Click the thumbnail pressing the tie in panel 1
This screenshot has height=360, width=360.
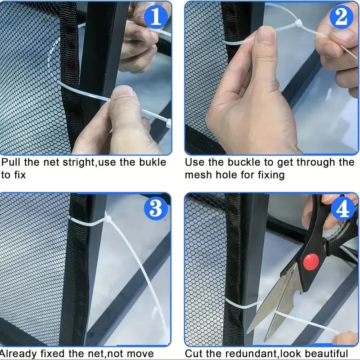[122, 92]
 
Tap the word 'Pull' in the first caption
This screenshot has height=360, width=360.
[12, 162]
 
